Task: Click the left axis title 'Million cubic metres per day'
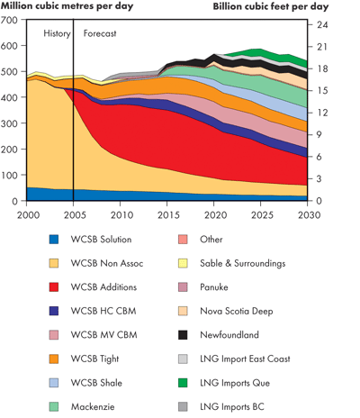[x=69, y=6]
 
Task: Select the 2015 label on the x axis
[x=167, y=216]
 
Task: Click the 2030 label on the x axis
[x=307, y=216]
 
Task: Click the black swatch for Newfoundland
[x=187, y=334]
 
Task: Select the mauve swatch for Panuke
[x=187, y=286]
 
